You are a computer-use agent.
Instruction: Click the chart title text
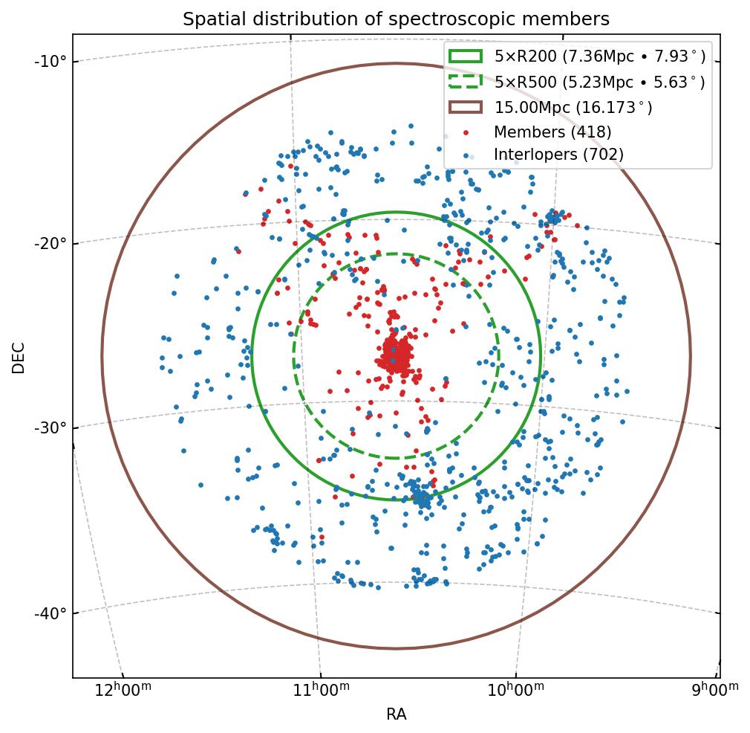[x=396, y=19]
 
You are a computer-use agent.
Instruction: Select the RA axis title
[x=396, y=715]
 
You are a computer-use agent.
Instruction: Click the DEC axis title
[x=19, y=358]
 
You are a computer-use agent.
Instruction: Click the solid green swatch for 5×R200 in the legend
[x=466, y=56]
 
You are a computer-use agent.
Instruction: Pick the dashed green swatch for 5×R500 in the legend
[x=466, y=82]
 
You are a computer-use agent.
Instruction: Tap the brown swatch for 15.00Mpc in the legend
[x=466, y=107]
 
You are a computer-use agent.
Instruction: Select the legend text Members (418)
[x=552, y=132]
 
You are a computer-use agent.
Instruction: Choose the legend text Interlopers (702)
[x=558, y=155]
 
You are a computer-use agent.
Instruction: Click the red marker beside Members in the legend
[x=466, y=132]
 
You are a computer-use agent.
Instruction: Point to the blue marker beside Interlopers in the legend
[x=466, y=155]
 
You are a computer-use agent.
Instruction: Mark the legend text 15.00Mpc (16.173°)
[x=573, y=107]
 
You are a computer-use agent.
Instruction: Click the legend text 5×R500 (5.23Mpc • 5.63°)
[x=599, y=82]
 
